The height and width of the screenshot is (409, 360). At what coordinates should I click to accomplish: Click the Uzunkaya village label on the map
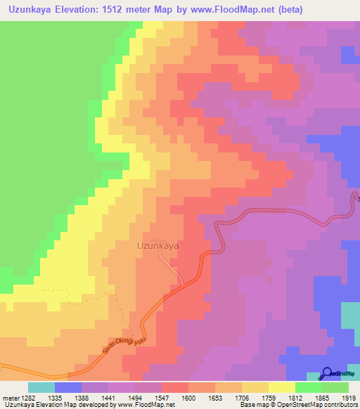click(x=157, y=247)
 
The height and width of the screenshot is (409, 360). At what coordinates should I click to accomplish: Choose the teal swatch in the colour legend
click(x=41, y=387)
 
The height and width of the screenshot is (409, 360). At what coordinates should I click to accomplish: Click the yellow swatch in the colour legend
click(x=281, y=387)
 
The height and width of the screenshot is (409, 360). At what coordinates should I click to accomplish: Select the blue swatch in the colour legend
click(x=67, y=387)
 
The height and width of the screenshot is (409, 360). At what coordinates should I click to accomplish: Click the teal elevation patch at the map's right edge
click(x=350, y=314)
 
